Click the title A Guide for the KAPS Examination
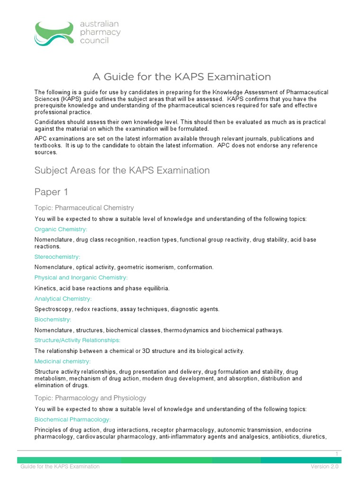coord(181,77)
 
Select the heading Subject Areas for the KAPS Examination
coord(122,170)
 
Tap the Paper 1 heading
coord(48,192)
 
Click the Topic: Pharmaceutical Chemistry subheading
coord(84,207)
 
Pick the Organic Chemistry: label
coord(61,229)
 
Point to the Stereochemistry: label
coord(57,257)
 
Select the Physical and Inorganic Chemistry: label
coord(81,278)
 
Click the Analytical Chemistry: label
coord(63,298)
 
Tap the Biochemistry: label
coord(53,320)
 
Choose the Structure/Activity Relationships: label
coord(78,340)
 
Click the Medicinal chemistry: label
coord(63,361)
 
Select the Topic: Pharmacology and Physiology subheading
coord(90,398)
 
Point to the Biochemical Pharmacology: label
coord(73,420)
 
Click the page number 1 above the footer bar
coord(337,454)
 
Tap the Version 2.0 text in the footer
coord(325,467)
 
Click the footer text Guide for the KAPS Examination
coord(60,467)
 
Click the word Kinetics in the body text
coord(45,288)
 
